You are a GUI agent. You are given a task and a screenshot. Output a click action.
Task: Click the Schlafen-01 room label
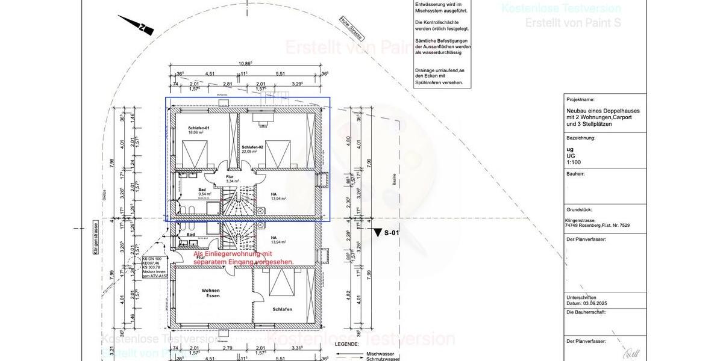point(198,129)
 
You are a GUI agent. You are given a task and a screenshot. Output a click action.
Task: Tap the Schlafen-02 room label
point(252,147)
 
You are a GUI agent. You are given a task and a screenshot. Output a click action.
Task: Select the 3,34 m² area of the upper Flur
point(233,180)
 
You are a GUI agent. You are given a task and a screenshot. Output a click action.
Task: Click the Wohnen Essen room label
point(211,293)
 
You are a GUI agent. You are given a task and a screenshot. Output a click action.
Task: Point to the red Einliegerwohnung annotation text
point(243,258)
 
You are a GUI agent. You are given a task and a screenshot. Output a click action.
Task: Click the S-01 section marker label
point(391,232)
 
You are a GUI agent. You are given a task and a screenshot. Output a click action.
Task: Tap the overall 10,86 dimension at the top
point(245,63)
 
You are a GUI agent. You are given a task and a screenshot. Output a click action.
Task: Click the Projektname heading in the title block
point(580,99)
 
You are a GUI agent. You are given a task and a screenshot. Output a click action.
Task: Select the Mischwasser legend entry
point(380,353)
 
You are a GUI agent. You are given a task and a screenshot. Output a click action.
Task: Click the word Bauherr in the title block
point(576,174)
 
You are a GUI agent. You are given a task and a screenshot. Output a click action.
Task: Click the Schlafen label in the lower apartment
point(282,309)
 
